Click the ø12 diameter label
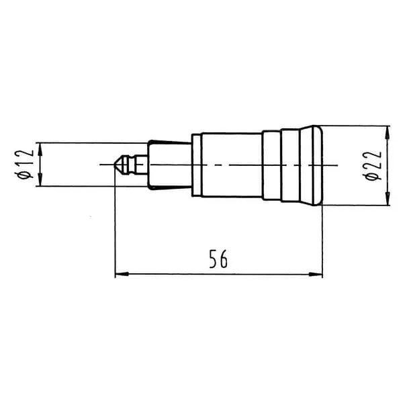(x=24, y=165)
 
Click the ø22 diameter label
(x=372, y=166)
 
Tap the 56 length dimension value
(x=218, y=259)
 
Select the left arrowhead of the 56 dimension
(x=122, y=274)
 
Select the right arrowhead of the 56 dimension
(x=316, y=274)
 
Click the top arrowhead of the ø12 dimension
(x=40, y=150)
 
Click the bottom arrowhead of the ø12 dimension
(x=40, y=179)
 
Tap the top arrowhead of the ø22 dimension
(x=388, y=133)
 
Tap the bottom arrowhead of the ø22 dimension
(x=388, y=198)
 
